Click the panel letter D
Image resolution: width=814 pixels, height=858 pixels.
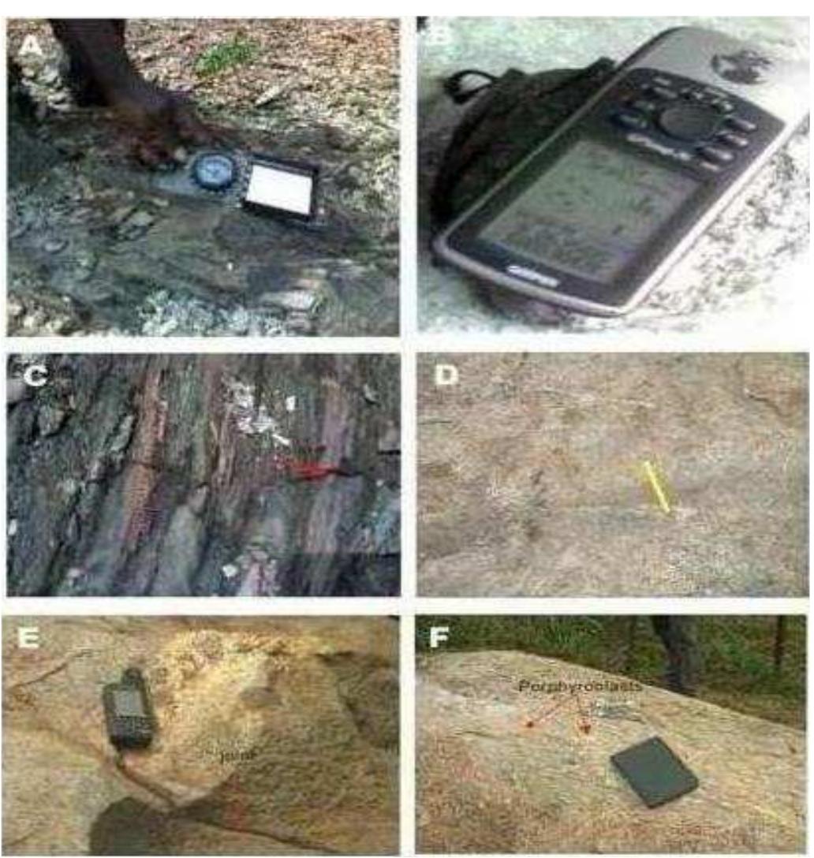[x=446, y=375]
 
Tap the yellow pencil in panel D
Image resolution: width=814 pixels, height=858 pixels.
[x=656, y=487]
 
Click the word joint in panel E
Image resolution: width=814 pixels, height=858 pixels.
[x=230, y=754]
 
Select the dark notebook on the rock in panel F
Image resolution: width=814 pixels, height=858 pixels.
[x=653, y=770]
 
